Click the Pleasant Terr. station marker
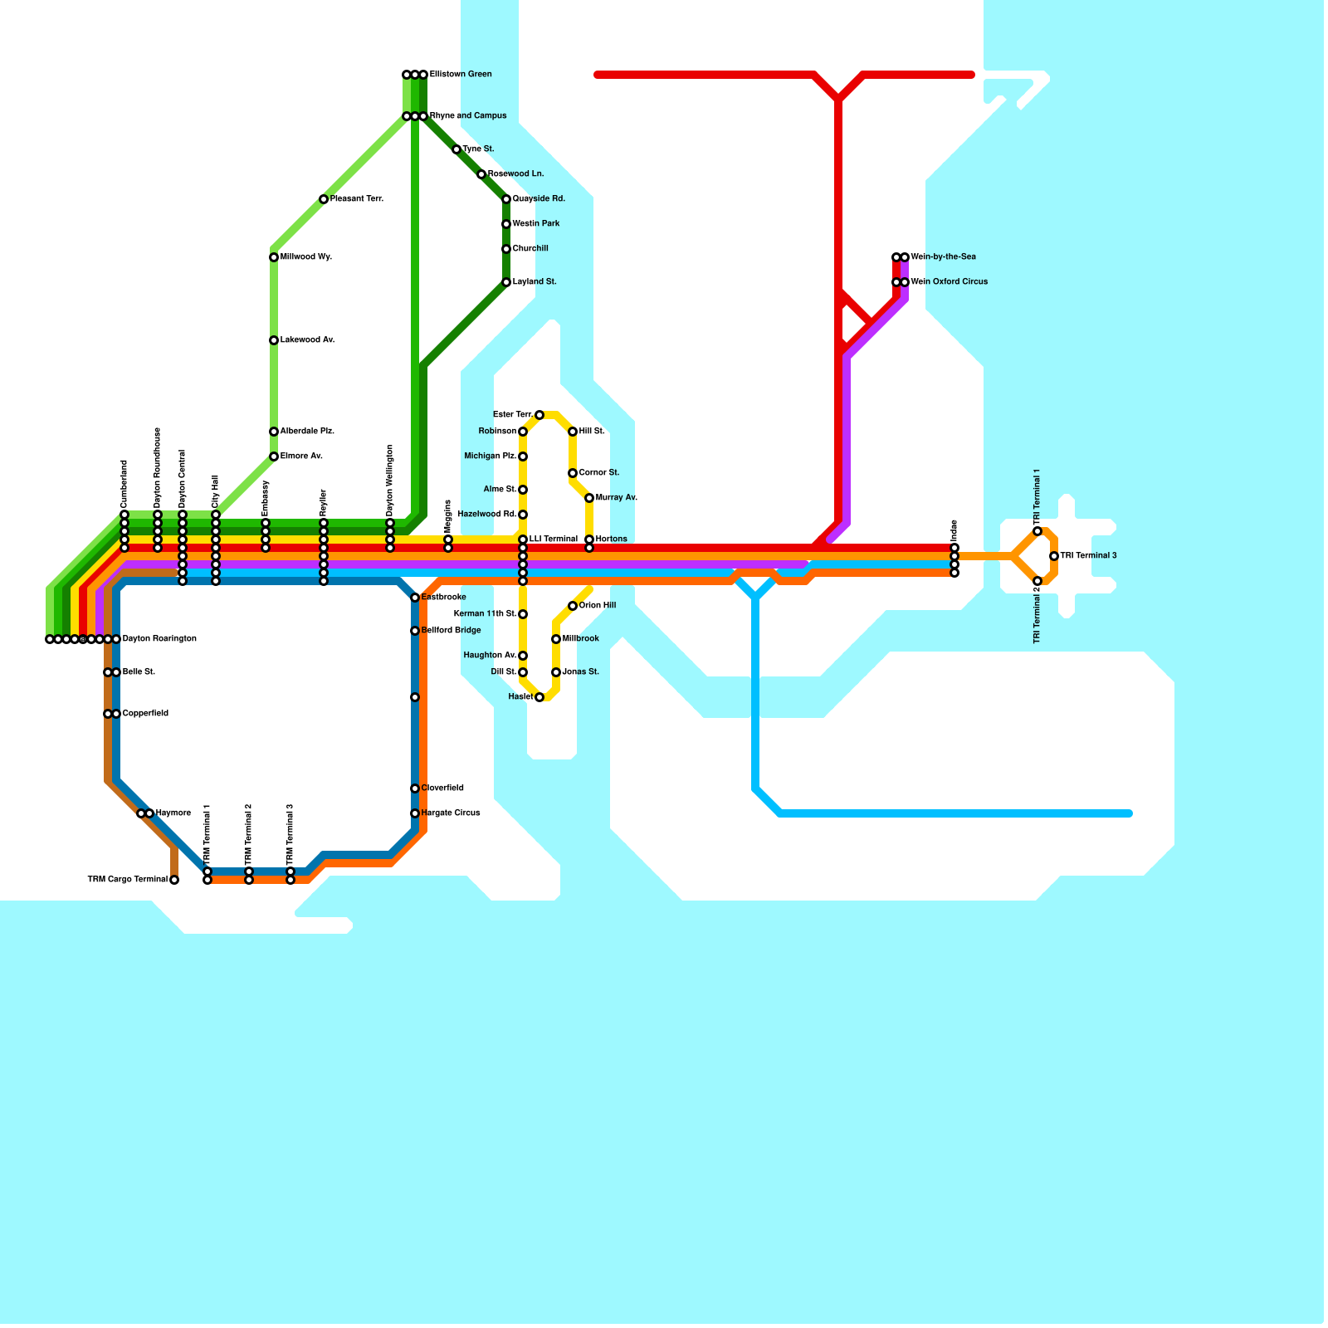[324, 199]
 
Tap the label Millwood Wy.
[306, 257]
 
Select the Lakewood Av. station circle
[274, 340]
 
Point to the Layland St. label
[535, 282]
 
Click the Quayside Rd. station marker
[506, 199]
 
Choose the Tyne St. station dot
[456, 149]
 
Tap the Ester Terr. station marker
[539, 415]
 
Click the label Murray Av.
[617, 498]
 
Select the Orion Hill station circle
[573, 606]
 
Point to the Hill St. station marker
[573, 432]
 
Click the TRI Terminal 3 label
[1088, 556]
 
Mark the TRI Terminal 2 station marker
[1037, 581]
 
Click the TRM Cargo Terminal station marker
[174, 880]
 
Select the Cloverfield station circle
[415, 788]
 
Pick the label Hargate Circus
[451, 813]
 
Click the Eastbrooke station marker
[415, 598]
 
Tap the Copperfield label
[145, 714]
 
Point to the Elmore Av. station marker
[274, 456]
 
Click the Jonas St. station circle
[556, 672]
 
